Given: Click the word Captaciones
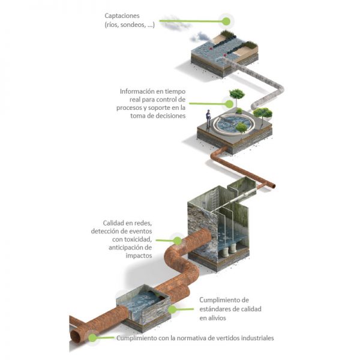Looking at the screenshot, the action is pyautogui.click(x=122, y=16).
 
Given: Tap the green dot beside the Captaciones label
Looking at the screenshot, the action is pyautogui.click(x=226, y=21).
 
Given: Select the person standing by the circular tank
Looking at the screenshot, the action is pyautogui.click(x=208, y=119).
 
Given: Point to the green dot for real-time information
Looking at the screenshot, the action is pyautogui.click(x=229, y=104).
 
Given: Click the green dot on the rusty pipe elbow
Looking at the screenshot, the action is pyautogui.click(x=177, y=241).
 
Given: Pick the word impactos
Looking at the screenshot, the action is pyautogui.click(x=139, y=256).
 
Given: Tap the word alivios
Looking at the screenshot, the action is pyautogui.click(x=216, y=318).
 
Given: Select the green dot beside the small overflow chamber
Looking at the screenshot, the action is pyautogui.click(x=172, y=310).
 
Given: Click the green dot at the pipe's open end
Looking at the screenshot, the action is pyautogui.click(x=93, y=338).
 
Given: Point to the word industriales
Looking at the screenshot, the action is pyautogui.click(x=258, y=338).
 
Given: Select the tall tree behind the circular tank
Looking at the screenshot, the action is pyautogui.click(x=237, y=95).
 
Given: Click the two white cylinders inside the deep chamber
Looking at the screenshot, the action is pyautogui.click(x=229, y=248).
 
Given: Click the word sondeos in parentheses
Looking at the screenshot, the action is pyautogui.click(x=131, y=25).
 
